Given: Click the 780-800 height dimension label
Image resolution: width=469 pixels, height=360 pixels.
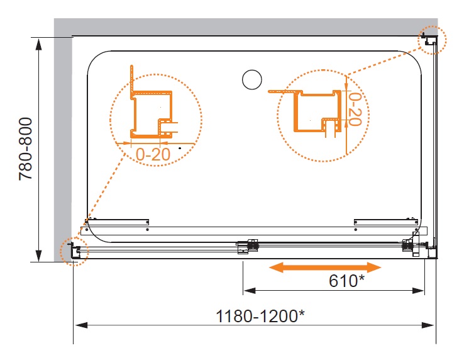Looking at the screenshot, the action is click(x=25, y=149).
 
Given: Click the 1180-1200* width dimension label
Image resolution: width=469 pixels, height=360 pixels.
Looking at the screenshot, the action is click(x=260, y=317).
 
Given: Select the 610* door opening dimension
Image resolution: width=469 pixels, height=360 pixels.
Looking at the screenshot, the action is click(x=346, y=281).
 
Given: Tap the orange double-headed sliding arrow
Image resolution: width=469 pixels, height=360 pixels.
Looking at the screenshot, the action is click(x=325, y=267).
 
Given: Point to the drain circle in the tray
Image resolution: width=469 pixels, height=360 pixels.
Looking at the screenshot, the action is click(x=252, y=80).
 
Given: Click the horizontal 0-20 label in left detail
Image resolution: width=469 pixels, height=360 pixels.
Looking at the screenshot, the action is click(x=153, y=155).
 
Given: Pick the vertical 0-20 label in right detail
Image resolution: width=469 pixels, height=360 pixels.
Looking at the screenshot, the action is click(x=355, y=109).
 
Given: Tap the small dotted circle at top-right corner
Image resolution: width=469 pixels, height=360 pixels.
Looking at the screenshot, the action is click(x=432, y=40).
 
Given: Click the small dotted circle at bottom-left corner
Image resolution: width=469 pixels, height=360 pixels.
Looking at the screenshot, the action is click(x=74, y=251).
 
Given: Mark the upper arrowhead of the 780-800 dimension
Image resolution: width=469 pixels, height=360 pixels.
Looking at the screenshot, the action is click(x=38, y=44).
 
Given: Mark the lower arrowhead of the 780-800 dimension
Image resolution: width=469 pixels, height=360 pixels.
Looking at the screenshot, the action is click(x=38, y=256).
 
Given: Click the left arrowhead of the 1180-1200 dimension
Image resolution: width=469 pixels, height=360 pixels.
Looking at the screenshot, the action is click(x=80, y=325).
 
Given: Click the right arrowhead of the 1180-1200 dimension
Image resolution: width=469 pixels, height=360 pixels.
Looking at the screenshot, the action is click(x=428, y=325).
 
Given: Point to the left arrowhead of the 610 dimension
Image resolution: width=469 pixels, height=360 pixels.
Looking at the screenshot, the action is click(x=250, y=291).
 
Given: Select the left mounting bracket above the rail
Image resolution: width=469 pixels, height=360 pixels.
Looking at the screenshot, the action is click(x=117, y=222).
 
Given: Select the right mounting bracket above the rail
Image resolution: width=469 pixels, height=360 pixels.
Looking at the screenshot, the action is click(x=386, y=222).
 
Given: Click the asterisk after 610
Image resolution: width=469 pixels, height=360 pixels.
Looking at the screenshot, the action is click(x=361, y=278).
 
